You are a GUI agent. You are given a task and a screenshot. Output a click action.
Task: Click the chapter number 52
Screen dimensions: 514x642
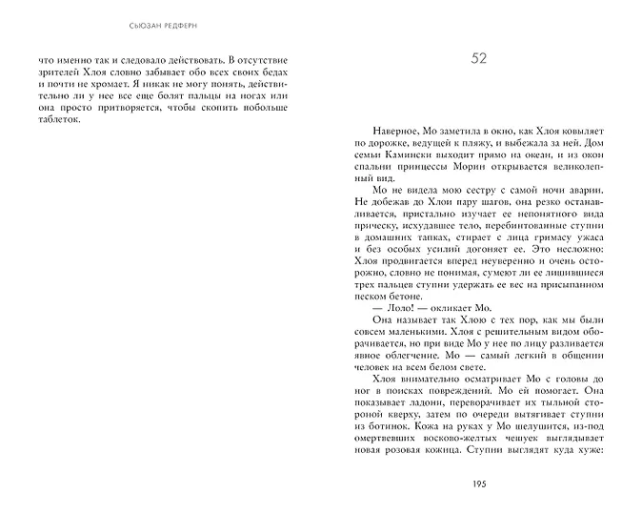click(x=479, y=59)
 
